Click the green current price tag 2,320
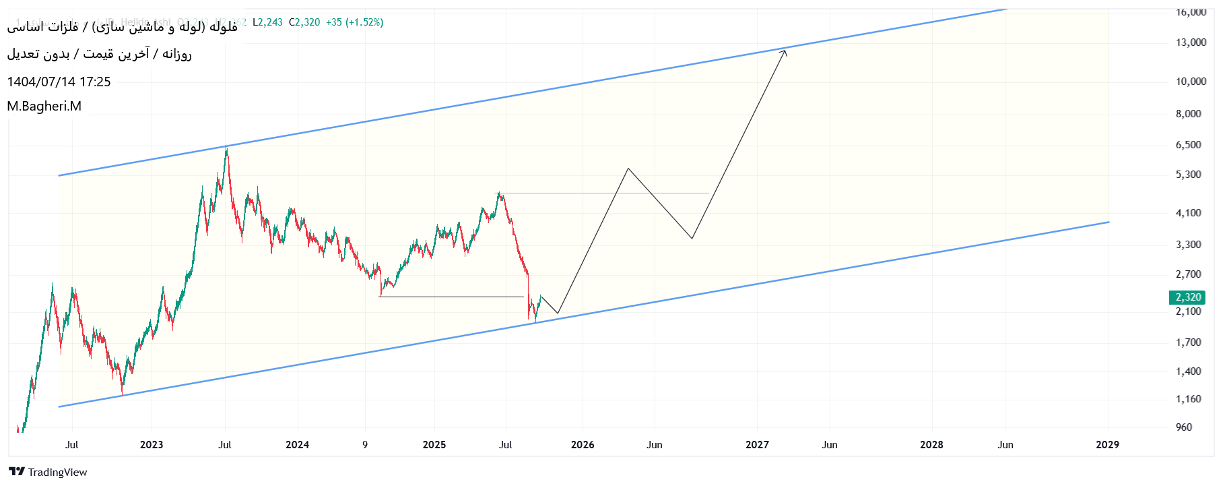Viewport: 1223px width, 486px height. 1188,297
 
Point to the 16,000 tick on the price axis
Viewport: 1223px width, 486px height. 1191,12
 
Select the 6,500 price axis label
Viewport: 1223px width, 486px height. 1188,145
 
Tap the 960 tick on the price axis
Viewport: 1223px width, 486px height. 1183,427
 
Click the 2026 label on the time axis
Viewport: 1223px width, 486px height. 583,445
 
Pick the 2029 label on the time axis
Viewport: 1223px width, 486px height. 1107,445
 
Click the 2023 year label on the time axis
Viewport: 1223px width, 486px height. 152,445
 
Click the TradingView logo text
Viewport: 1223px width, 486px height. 57,472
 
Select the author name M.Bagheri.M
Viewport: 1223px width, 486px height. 44,107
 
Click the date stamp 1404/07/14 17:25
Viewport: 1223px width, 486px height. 59,82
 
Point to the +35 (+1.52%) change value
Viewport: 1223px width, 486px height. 354,22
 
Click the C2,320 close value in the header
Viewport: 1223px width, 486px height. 304,22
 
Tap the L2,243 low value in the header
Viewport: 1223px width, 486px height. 267,22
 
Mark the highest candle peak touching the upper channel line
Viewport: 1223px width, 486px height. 226,148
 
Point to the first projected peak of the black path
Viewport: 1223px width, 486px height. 628,169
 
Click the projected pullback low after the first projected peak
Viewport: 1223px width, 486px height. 692,238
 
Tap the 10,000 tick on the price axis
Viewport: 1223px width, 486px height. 1191,82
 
